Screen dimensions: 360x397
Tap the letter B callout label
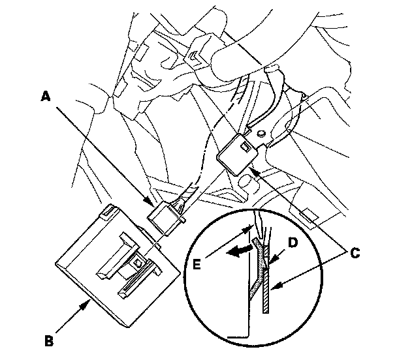48,339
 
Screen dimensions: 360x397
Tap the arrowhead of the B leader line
87,301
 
